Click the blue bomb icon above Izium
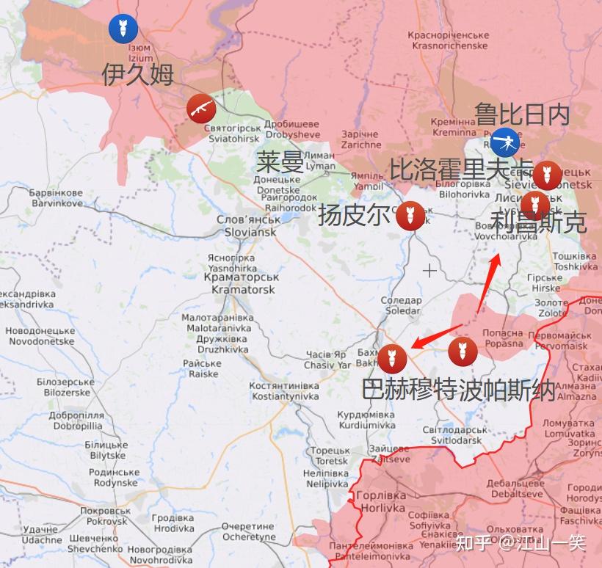[123, 29]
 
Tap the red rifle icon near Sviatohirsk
[200, 108]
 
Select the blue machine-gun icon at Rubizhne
[504, 141]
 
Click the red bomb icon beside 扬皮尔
[410, 216]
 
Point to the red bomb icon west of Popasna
[463, 351]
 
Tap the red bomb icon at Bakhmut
[392, 357]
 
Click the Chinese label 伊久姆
[138, 73]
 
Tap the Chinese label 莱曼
[280, 161]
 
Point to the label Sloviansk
[247, 226]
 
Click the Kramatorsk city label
[242, 283]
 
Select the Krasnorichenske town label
[449, 40]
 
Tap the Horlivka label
[380, 502]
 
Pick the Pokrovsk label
[105, 516]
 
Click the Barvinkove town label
[56, 198]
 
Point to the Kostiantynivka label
[283, 391]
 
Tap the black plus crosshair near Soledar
[429, 271]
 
